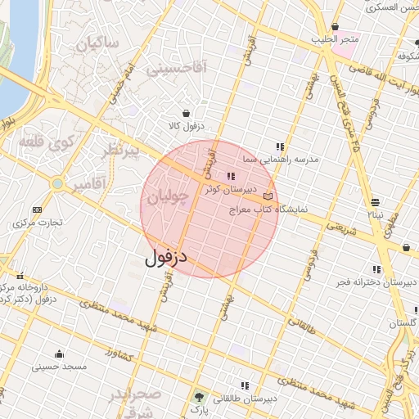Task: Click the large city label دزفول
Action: point(167,258)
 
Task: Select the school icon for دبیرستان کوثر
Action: point(231,176)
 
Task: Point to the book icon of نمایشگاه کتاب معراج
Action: point(268,196)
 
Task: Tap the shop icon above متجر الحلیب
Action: point(336,26)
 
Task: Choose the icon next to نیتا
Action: point(375,202)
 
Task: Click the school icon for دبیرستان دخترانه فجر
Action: point(376,269)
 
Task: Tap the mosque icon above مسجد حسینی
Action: point(59,354)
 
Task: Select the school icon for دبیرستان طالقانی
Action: point(244,385)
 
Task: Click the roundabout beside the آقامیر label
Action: point(57,184)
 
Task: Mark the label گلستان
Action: point(403,324)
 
